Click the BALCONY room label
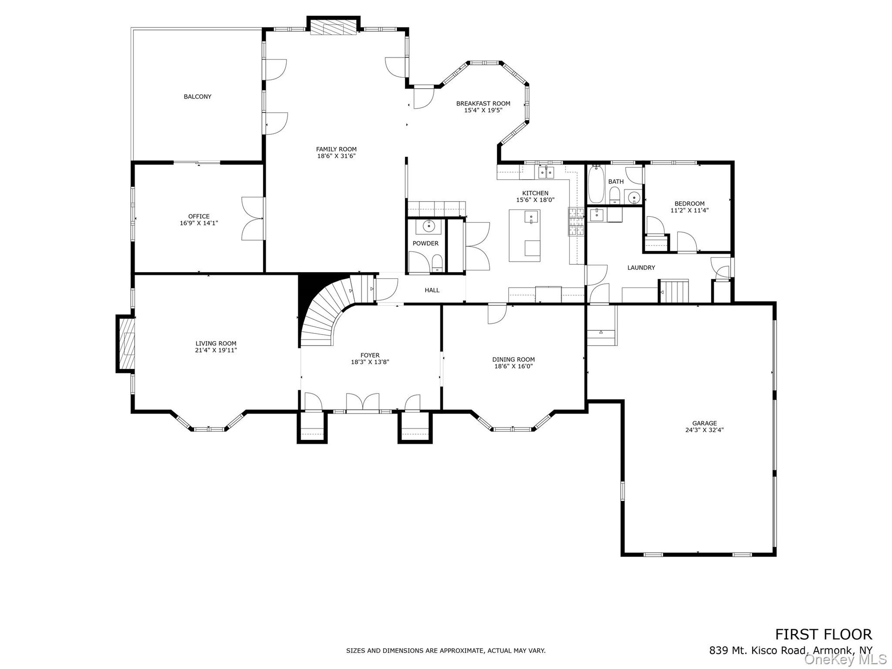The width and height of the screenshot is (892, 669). [197, 97]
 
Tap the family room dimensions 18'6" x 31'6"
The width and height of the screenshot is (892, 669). [336, 156]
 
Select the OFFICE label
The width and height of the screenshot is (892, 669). [199, 216]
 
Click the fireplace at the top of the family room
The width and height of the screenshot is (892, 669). [334, 26]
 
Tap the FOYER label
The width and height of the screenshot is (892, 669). [370, 355]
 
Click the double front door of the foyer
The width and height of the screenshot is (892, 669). [363, 403]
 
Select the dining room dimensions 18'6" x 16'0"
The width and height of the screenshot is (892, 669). [513, 366]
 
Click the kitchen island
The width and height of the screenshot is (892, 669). [525, 236]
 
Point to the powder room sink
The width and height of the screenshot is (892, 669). [428, 227]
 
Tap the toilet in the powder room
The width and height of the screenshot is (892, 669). [437, 263]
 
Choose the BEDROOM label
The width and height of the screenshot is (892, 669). [689, 203]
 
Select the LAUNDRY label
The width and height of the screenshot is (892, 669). [641, 268]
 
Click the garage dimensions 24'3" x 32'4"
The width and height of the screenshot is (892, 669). [704, 430]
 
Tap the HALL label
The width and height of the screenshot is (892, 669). [432, 290]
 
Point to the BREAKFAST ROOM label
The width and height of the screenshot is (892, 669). [483, 104]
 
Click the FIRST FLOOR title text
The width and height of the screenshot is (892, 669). [823, 634]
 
